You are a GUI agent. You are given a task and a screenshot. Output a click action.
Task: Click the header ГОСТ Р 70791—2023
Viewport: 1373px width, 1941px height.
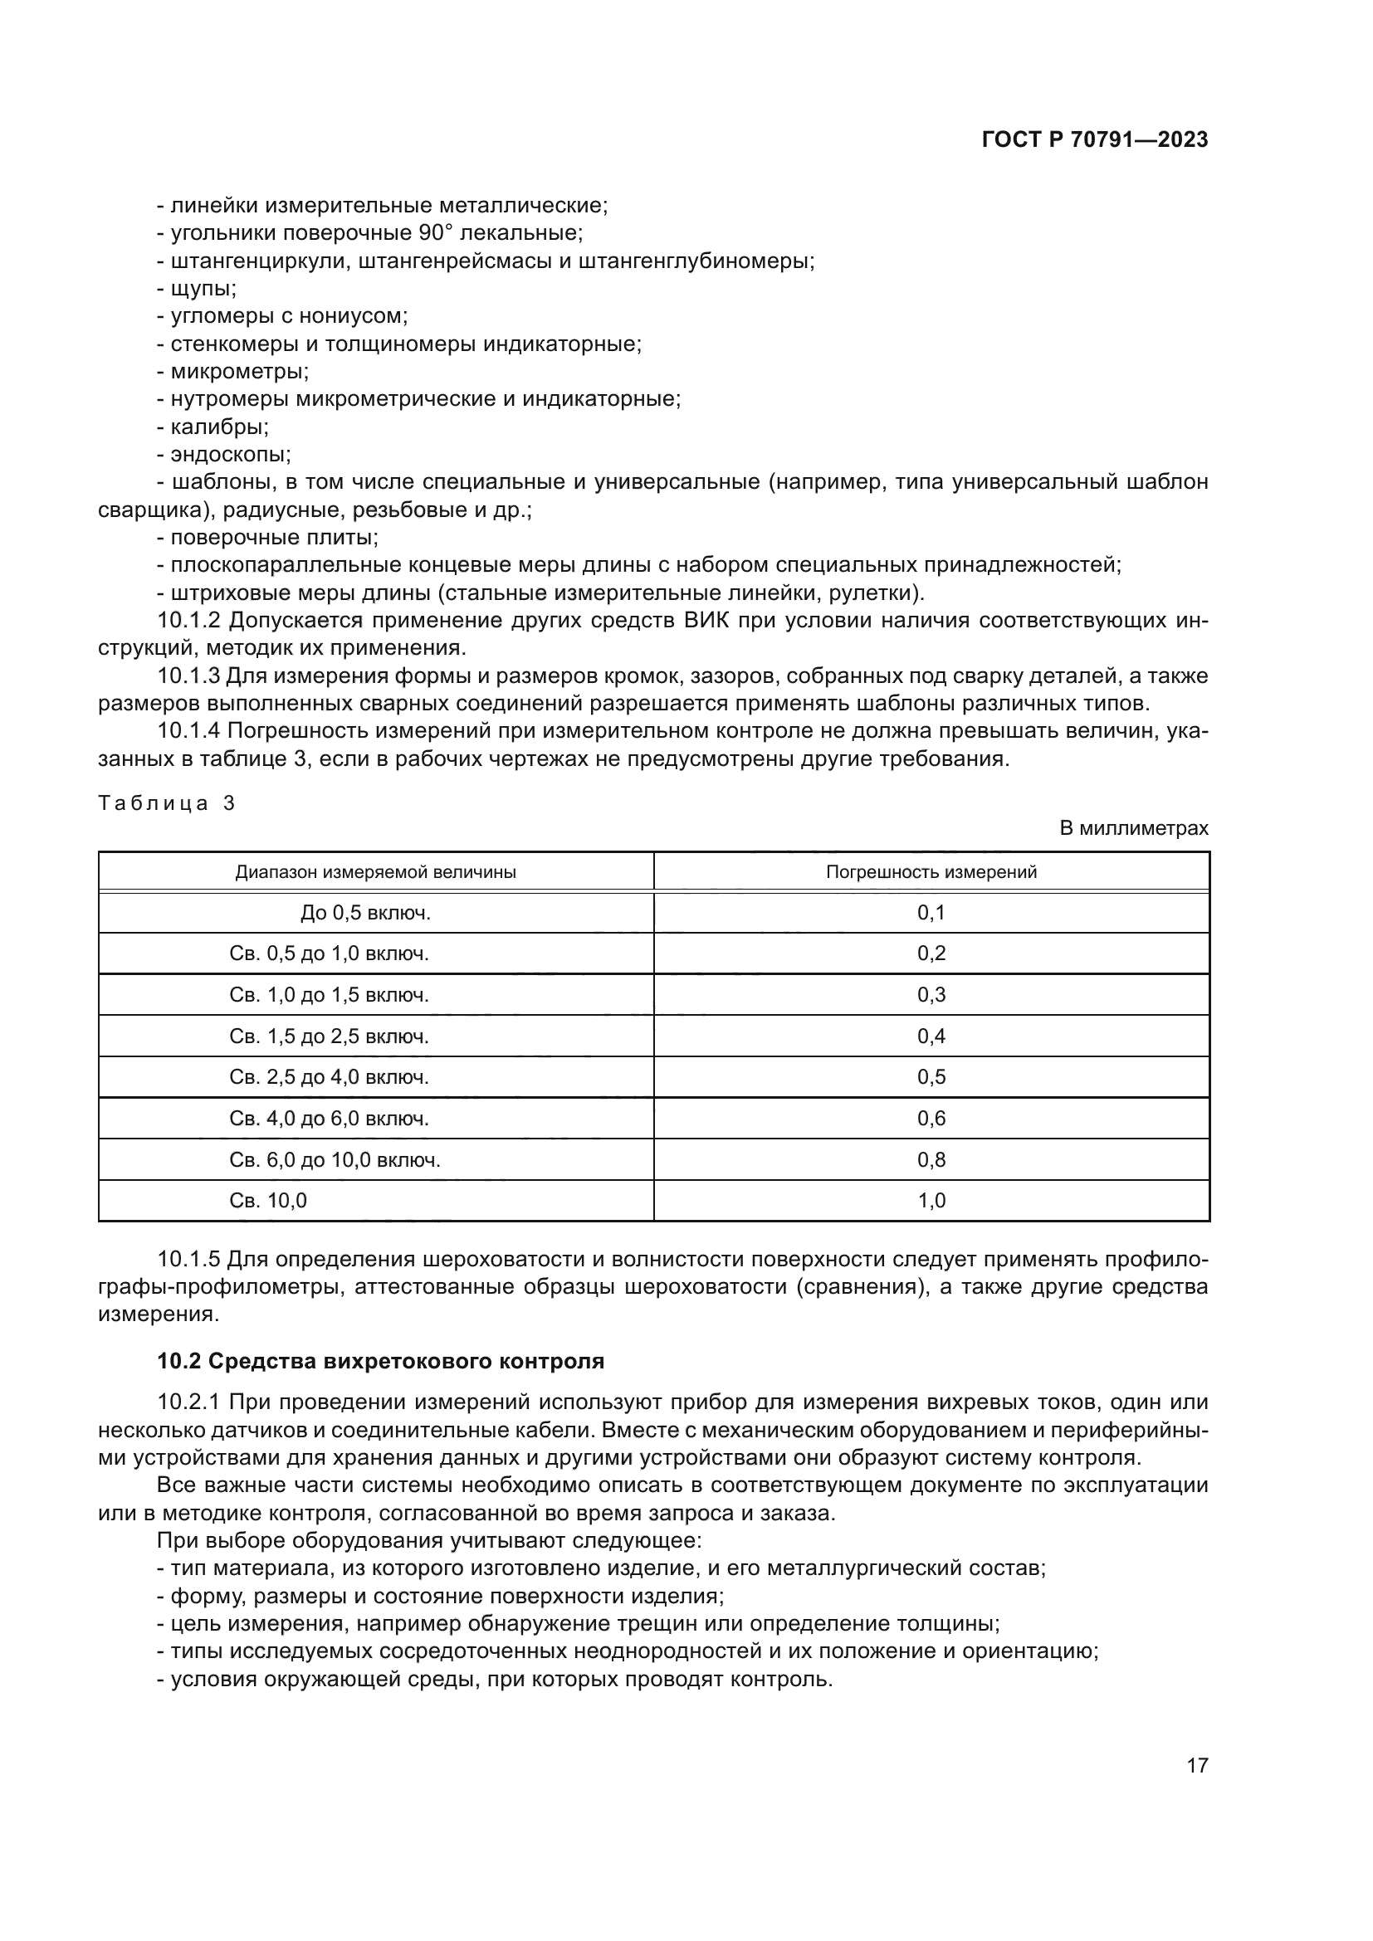pos(1094,140)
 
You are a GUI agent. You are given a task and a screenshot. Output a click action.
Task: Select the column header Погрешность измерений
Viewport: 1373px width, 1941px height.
pos(931,871)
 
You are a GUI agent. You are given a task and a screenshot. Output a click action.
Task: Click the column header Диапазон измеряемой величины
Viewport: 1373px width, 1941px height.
pos(375,871)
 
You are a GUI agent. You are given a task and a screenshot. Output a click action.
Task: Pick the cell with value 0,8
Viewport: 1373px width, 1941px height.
pos(931,1160)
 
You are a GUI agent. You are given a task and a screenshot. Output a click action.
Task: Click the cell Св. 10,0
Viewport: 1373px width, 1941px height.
pos(268,1201)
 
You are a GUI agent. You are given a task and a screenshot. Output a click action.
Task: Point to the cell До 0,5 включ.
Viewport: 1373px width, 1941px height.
pos(365,913)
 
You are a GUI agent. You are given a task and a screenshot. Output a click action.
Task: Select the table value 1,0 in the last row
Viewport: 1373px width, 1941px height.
pos(931,1201)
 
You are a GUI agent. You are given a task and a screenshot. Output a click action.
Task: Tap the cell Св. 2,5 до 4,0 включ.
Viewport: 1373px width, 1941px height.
pos(329,1077)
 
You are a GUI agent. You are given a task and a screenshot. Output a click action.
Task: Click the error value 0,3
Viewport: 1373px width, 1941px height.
pos(931,995)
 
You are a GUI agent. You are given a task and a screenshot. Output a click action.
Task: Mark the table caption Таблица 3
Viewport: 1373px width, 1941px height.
pos(166,803)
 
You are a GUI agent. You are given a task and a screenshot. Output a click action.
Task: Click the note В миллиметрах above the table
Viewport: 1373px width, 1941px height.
pos(1134,828)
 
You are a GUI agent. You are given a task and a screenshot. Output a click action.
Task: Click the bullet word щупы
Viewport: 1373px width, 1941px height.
pos(203,289)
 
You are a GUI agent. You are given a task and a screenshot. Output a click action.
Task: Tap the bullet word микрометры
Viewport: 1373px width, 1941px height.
pos(239,372)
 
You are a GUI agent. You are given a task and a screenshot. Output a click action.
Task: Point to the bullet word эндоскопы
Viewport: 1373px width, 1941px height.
pos(230,455)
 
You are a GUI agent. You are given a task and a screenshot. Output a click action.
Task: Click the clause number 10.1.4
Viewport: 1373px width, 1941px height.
pos(188,731)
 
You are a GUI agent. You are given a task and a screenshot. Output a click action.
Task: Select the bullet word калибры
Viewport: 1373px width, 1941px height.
pos(219,427)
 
